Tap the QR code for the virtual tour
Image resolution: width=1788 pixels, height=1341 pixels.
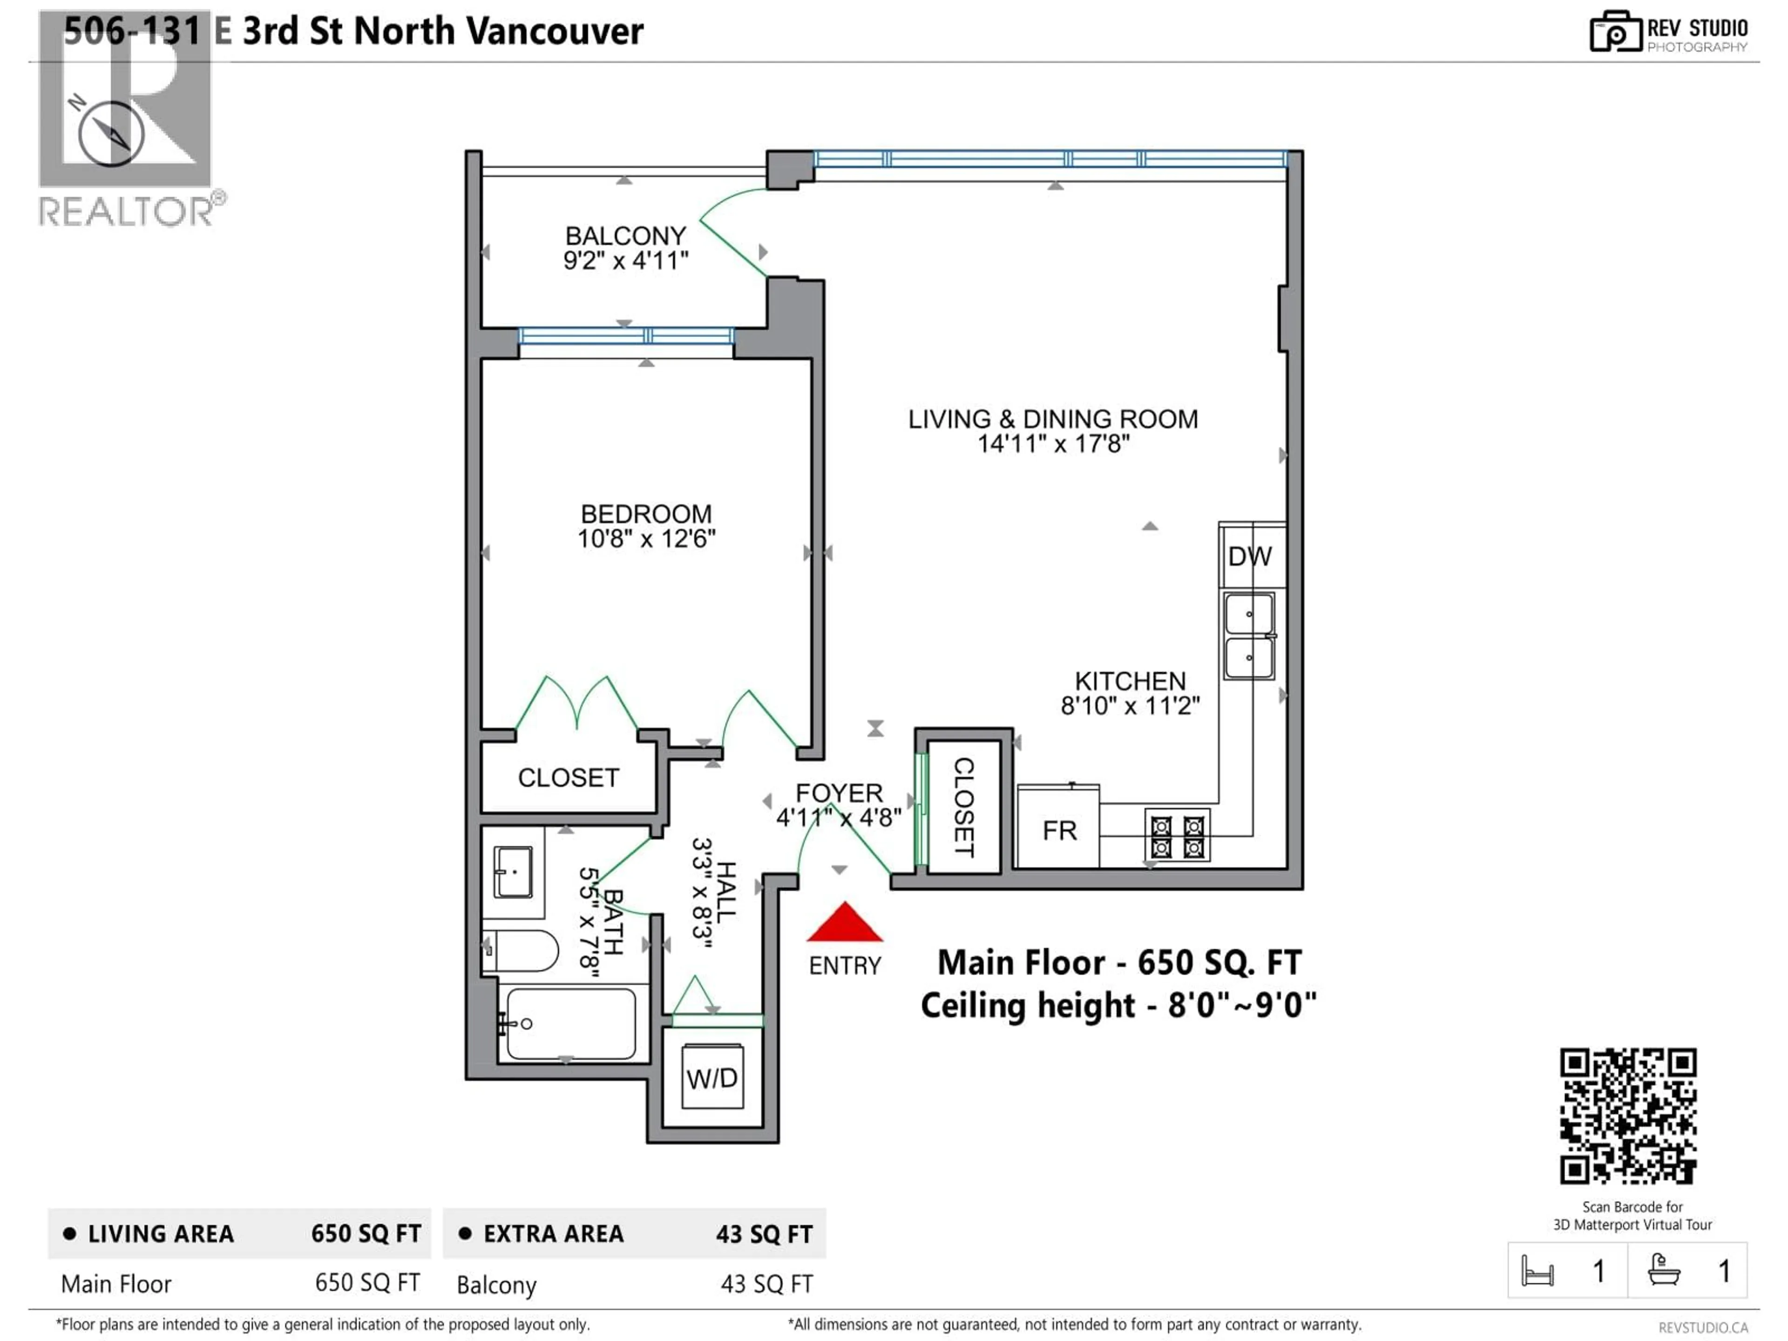pos(1627,1116)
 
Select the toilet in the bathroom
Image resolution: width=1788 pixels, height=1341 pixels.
pos(524,951)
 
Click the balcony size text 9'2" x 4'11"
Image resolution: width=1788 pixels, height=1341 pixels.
pos(626,260)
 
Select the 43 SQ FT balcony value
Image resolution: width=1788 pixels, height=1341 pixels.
pos(766,1284)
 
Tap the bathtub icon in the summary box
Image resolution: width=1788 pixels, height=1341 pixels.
pos(1664,1270)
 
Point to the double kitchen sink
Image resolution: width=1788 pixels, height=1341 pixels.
pos(1249,635)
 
